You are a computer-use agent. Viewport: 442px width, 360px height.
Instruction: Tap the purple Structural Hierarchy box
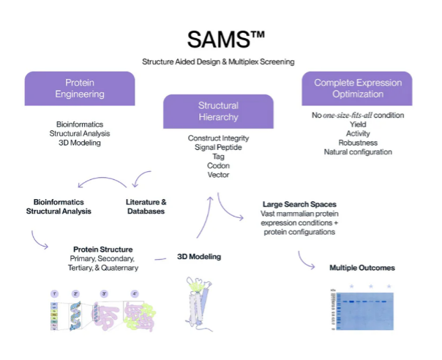219,110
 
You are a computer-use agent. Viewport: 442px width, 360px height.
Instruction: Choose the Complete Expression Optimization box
356,88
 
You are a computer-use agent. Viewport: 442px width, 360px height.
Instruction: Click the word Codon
219,165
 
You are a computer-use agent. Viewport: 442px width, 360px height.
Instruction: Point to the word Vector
219,175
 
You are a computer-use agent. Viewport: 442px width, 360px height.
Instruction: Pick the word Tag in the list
219,156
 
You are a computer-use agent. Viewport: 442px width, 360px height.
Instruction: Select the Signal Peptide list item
219,147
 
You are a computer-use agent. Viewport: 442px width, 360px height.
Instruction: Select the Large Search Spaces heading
299,203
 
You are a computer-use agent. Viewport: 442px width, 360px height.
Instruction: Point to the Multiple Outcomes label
362,268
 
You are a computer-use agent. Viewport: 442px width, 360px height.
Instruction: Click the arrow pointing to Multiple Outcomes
305,258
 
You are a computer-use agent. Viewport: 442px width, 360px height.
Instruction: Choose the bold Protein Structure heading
102,249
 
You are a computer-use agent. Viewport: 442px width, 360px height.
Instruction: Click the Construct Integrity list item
219,138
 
